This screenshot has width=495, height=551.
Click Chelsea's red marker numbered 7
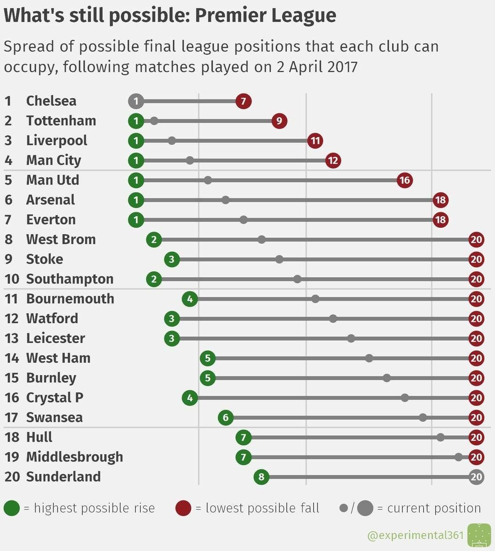click(x=244, y=101)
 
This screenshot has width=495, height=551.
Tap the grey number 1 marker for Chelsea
click(x=136, y=101)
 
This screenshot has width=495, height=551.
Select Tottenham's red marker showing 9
click(x=279, y=121)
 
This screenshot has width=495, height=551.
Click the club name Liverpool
click(x=57, y=141)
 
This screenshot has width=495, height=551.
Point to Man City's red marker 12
click(x=333, y=160)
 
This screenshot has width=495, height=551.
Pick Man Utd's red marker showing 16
click(x=404, y=180)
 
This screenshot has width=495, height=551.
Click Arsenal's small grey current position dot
click(x=226, y=200)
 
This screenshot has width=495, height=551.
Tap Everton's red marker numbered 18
click(x=440, y=219)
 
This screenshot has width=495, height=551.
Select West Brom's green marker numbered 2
click(x=154, y=239)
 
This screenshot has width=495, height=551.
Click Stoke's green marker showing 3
click(x=172, y=259)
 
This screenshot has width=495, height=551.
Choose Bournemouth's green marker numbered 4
click(x=190, y=299)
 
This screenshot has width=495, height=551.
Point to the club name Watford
click(x=52, y=319)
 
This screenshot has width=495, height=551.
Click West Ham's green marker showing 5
click(x=208, y=358)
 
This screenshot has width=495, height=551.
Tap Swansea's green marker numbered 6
click(x=226, y=417)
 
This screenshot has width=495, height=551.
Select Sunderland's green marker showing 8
click(x=262, y=477)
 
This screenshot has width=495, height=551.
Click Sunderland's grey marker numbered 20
click(x=477, y=477)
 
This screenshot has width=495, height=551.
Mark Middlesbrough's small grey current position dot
click(x=458, y=457)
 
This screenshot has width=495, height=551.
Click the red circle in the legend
click(x=183, y=508)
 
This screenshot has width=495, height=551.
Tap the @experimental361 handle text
click(x=415, y=535)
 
